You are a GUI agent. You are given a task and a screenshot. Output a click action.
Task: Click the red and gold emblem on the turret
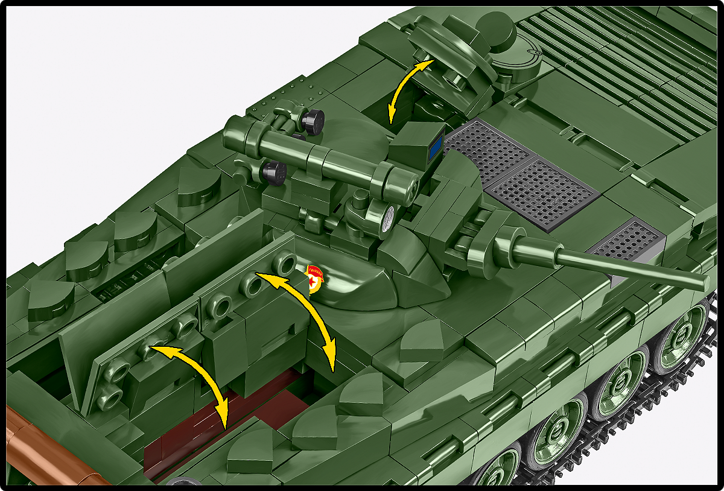click(x=314, y=278)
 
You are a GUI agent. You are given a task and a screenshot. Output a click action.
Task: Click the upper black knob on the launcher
click(x=313, y=122)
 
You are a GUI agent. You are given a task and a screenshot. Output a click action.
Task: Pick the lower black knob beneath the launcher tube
click(x=275, y=173)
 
